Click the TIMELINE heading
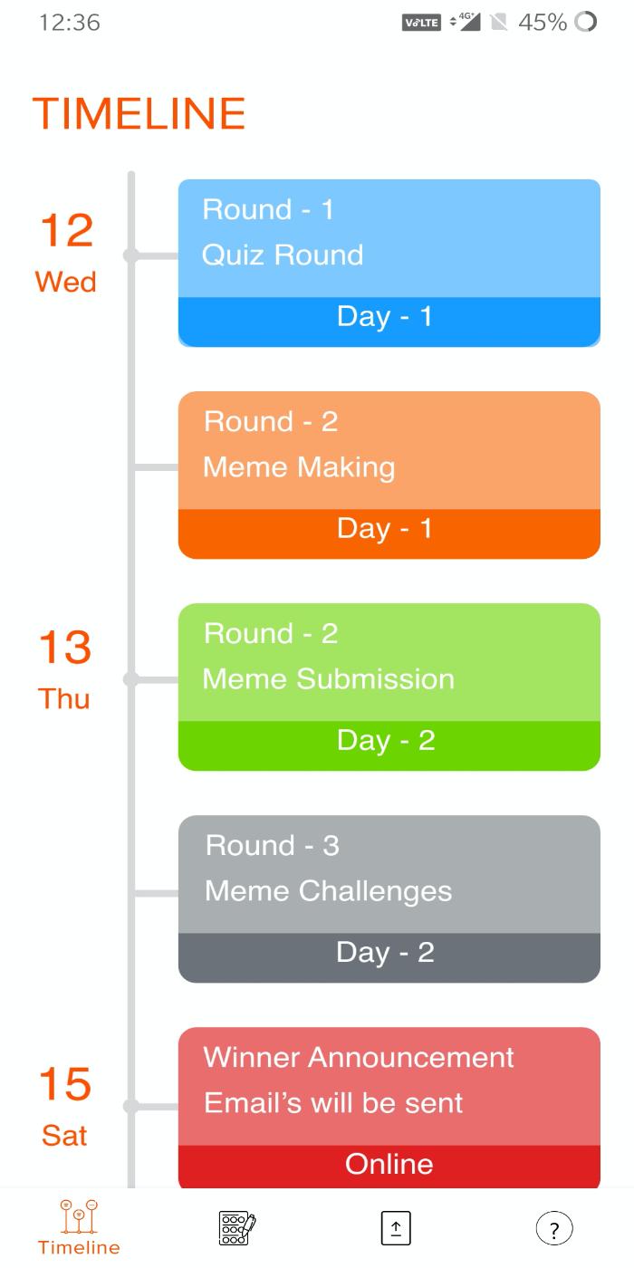139,113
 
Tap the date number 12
67,230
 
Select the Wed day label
65,282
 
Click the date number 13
65,647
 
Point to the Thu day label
64,698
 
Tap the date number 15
65,1083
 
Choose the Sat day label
64,1135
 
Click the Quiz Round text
283,255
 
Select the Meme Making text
299,468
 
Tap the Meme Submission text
328,678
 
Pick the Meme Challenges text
328,891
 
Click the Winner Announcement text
359,1057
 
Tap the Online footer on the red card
389,1164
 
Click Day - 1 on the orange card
385,529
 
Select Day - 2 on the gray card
386,953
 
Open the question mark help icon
554,1228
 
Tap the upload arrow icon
396,1228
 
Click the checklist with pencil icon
237,1228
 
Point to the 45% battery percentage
543,23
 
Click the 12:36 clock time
70,23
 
